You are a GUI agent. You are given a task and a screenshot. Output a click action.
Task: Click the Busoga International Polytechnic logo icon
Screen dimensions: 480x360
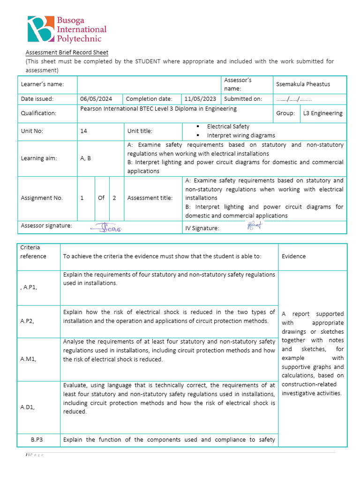41,29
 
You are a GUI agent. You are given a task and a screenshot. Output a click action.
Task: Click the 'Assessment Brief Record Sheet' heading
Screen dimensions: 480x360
67,52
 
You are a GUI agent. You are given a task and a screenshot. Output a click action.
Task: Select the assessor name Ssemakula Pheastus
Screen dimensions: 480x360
303,84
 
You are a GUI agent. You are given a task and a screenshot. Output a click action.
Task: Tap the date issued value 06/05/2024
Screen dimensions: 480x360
96,99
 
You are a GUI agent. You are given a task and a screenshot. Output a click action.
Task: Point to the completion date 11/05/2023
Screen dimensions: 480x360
200,99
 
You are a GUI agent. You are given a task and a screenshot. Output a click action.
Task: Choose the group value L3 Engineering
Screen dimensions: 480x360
322,113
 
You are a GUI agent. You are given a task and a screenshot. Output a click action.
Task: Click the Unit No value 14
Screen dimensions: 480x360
84,131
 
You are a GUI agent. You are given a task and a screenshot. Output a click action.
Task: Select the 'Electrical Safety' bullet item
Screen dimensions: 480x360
228,127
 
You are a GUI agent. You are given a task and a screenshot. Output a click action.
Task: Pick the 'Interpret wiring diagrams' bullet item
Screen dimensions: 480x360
241,135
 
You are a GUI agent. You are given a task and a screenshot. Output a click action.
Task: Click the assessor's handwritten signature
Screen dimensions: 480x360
106,228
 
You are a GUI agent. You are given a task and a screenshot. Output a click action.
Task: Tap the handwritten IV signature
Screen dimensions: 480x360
253,226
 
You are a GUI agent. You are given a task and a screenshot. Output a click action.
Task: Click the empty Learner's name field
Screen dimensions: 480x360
149,84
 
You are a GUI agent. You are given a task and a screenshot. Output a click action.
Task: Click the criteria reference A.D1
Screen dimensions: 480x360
27,407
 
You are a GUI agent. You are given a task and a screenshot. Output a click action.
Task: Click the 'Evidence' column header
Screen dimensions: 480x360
293,256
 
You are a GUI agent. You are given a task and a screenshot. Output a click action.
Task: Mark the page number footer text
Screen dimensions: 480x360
34,455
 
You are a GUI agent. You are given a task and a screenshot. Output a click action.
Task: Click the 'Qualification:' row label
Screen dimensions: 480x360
38,113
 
